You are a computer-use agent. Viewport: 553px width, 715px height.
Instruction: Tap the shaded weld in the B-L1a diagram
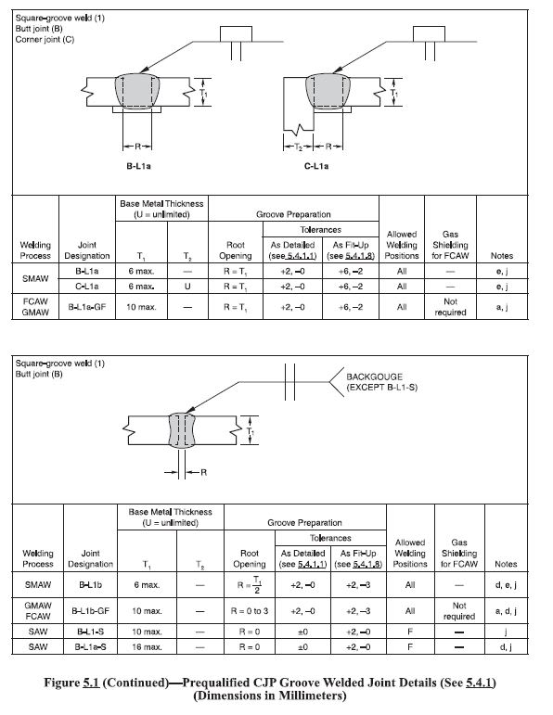(x=140, y=94)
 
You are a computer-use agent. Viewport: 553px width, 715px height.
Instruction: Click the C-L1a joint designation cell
(x=87, y=287)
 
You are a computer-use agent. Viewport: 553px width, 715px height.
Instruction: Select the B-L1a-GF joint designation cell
(x=87, y=306)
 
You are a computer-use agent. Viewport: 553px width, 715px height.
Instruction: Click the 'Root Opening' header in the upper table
(x=236, y=249)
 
